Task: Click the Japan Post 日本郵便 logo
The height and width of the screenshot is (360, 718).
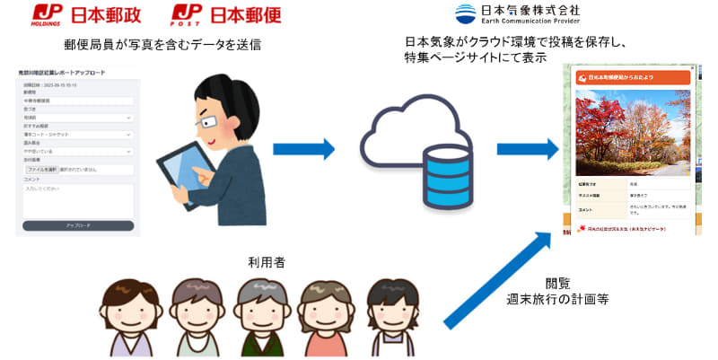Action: [216, 16]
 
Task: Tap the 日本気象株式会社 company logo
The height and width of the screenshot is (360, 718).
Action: [516, 14]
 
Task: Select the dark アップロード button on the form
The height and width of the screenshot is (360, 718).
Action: [78, 226]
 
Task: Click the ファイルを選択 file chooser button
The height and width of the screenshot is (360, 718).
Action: [42, 169]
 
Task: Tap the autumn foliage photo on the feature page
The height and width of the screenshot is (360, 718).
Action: [634, 136]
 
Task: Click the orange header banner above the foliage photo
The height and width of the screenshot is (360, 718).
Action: [634, 79]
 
